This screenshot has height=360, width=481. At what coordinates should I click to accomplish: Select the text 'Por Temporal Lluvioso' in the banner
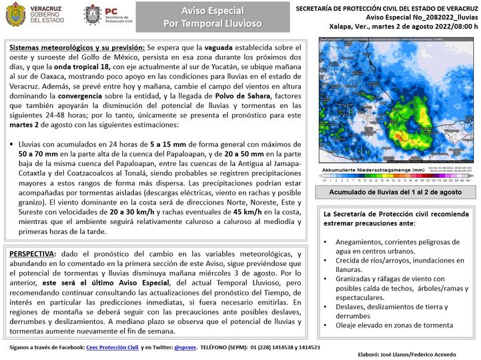[x=213, y=24]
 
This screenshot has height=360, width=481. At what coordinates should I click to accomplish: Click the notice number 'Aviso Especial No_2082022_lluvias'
[x=404, y=17]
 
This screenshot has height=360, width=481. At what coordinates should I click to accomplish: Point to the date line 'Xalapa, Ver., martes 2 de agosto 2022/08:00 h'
[x=404, y=27]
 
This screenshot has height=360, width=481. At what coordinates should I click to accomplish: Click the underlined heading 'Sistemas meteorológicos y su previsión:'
[x=77, y=48]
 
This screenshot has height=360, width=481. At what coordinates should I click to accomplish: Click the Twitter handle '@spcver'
[x=185, y=347]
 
